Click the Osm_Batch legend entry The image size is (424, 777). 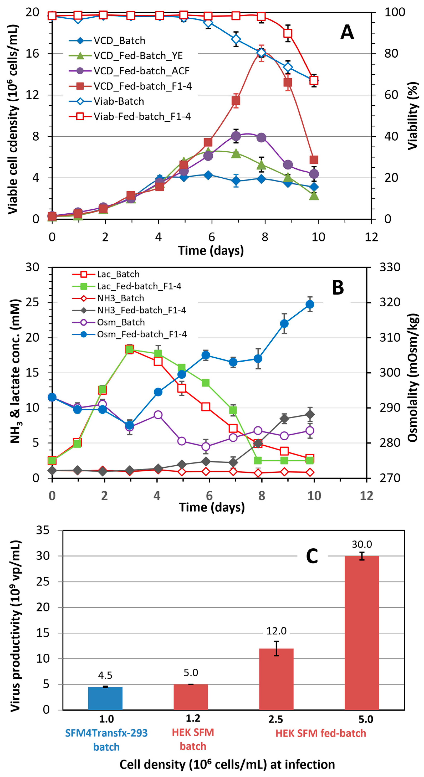(x=121, y=322)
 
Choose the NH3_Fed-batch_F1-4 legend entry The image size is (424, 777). (x=141, y=310)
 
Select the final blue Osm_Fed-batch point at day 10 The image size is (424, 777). (x=310, y=304)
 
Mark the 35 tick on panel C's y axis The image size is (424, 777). (x=43, y=530)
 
